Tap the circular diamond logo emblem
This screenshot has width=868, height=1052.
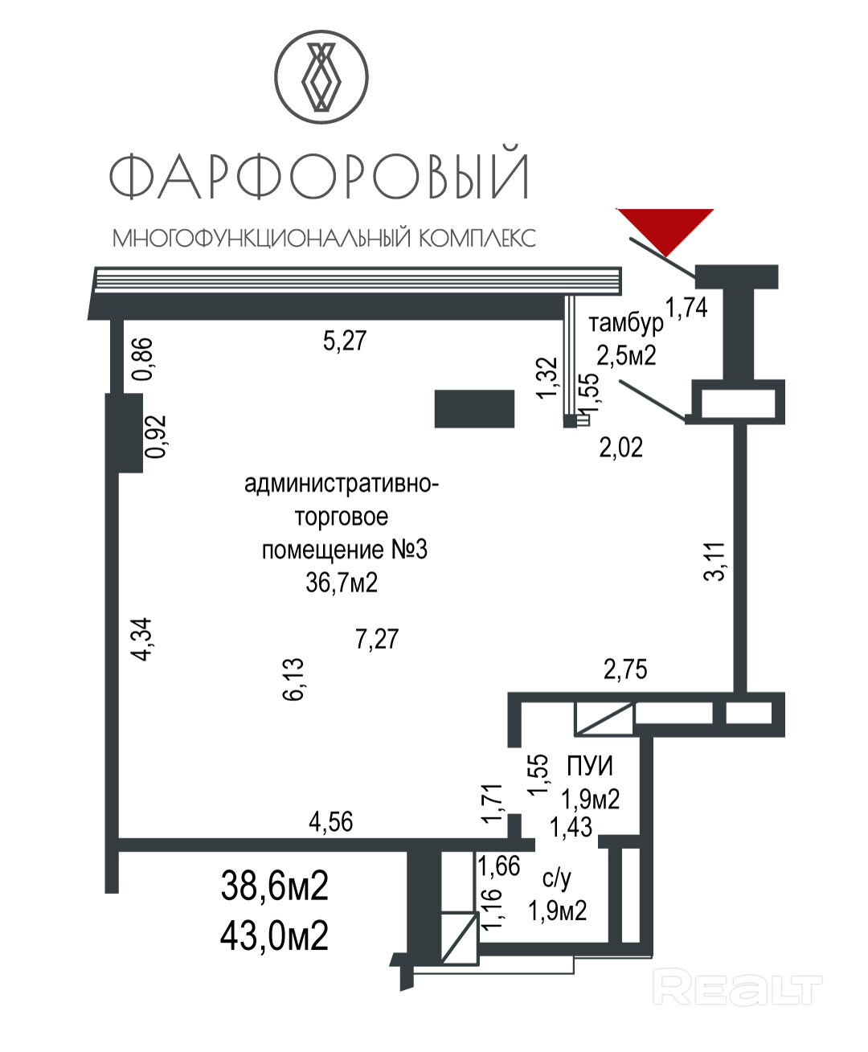321,77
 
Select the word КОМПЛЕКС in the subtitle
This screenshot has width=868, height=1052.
477,238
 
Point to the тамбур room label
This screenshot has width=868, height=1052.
626,323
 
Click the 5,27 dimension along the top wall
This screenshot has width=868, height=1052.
345,341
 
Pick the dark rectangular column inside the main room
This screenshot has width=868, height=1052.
474,408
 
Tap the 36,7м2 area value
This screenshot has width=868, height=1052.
342,583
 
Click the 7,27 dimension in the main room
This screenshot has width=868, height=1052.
377,640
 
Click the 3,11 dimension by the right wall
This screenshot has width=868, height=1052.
714,561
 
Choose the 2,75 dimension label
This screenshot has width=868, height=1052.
625,669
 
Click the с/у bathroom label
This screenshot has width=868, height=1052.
557,878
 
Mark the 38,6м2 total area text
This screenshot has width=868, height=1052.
275,886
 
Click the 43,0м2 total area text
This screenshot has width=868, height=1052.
275,935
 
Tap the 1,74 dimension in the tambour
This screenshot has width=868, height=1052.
686,307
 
